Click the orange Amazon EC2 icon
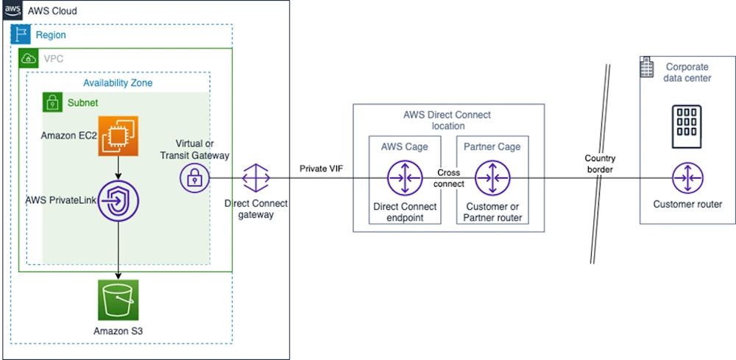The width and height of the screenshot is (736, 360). point(118,135)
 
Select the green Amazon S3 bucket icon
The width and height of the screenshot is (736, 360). point(118,299)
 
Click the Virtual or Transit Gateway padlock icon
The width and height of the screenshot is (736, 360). point(194,177)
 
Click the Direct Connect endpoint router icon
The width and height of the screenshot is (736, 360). point(404,177)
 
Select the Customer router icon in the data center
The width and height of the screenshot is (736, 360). point(687,177)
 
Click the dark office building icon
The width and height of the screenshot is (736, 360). point(687,122)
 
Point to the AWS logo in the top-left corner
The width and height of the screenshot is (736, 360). point(13,10)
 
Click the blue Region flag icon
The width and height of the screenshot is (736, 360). point(21,35)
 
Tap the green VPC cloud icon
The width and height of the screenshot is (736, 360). point(29,58)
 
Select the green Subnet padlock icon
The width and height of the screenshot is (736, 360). point(52,102)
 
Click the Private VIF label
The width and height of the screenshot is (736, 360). point(321,169)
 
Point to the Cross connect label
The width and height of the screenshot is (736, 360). point(449,178)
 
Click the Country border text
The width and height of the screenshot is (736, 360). point(600,163)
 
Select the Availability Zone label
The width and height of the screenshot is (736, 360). point(118,82)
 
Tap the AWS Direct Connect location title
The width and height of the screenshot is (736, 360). point(447,120)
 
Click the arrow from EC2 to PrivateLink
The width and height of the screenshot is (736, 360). point(118,169)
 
